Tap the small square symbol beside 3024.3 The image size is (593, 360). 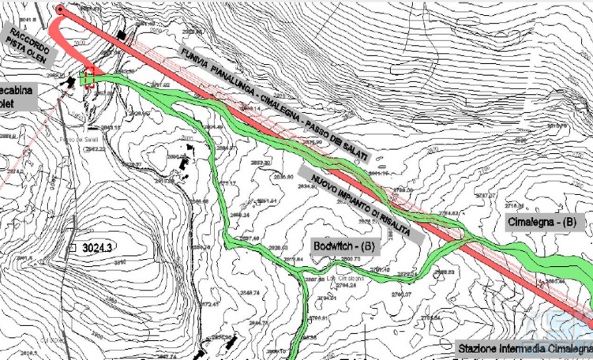pyautogui.click(x=72, y=248)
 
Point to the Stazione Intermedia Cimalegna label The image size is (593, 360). pyautogui.click(x=524, y=348)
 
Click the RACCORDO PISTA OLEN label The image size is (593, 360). pyautogui.click(x=29, y=43)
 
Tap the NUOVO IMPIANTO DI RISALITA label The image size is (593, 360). pyautogui.click(x=360, y=202)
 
